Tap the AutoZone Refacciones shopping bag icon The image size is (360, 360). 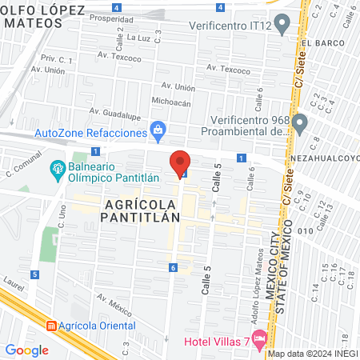pos(158,130)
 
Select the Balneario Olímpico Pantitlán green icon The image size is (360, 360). pos(58,169)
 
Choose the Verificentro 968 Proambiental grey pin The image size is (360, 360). pos(300,123)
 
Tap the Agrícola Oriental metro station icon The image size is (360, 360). pos(52,326)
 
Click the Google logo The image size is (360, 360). pos(26,350)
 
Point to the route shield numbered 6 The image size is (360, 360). pos(173,267)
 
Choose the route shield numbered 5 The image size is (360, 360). pos(34,274)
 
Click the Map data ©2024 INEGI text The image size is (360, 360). pos(312,354)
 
